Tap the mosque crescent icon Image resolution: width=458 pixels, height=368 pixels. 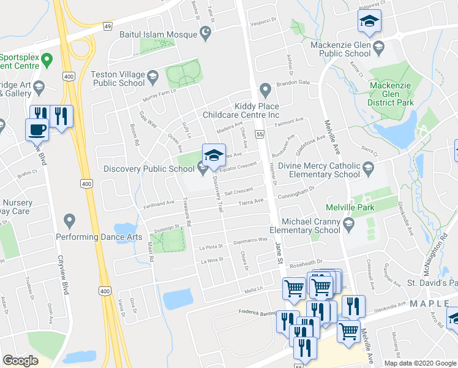[x=206, y=32]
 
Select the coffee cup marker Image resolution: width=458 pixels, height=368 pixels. [x=36, y=129]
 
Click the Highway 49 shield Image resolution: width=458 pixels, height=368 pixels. [x=108, y=26]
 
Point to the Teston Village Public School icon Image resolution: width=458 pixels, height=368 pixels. [x=152, y=78]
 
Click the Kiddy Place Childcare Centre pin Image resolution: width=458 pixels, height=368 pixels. [x=265, y=90]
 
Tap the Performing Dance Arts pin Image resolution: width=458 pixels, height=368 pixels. [x=69, y=220]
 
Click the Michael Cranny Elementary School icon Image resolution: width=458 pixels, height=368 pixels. [x=349, y=223]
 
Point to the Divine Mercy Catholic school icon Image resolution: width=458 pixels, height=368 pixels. [x=368, y=167]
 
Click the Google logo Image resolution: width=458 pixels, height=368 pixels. [x=20, y=361]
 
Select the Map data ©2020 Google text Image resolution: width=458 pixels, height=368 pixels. [x=420, y=363]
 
